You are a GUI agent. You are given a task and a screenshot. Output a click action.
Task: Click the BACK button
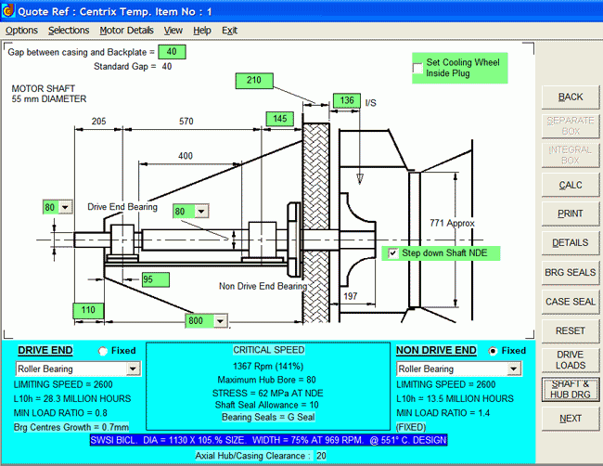(571, 97)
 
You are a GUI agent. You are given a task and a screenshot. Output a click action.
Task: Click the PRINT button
(571, 214)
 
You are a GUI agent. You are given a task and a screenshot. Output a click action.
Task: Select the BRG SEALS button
(571, 272)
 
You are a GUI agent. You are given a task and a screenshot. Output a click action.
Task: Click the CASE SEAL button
(571, 302)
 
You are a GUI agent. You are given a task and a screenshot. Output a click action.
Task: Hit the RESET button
(571, 330)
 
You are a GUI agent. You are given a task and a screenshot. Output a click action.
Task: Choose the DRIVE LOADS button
(571, 360)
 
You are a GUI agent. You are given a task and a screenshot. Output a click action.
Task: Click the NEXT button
(571, 419)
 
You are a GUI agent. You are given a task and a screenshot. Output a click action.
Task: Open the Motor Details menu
(126, 31)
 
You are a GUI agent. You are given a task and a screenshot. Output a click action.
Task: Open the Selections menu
(69, 31)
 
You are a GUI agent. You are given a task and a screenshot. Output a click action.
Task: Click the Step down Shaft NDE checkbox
(393, 252)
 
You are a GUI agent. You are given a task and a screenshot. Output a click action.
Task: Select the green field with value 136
(346, 100)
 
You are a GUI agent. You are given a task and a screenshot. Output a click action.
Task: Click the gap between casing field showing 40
(172, 52)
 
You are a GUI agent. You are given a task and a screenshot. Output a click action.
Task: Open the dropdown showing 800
(220, 321)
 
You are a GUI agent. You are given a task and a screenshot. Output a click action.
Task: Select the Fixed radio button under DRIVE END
(103, 351)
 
